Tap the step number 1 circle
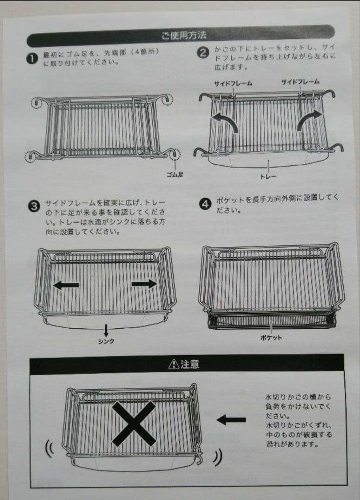[31, 59]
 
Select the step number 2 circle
[202, 52]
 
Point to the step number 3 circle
[34, 206]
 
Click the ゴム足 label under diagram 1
[176, 175]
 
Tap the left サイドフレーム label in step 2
[233, 83]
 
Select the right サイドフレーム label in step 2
[300, 81]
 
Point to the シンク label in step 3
[106, 341]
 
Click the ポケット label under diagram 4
[271, 337]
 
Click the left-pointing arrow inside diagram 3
[66, 285]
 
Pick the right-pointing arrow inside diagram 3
[144, 284]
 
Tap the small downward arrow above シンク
[106, 330]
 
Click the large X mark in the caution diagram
[133, 424]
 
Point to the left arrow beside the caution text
[231, 420]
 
